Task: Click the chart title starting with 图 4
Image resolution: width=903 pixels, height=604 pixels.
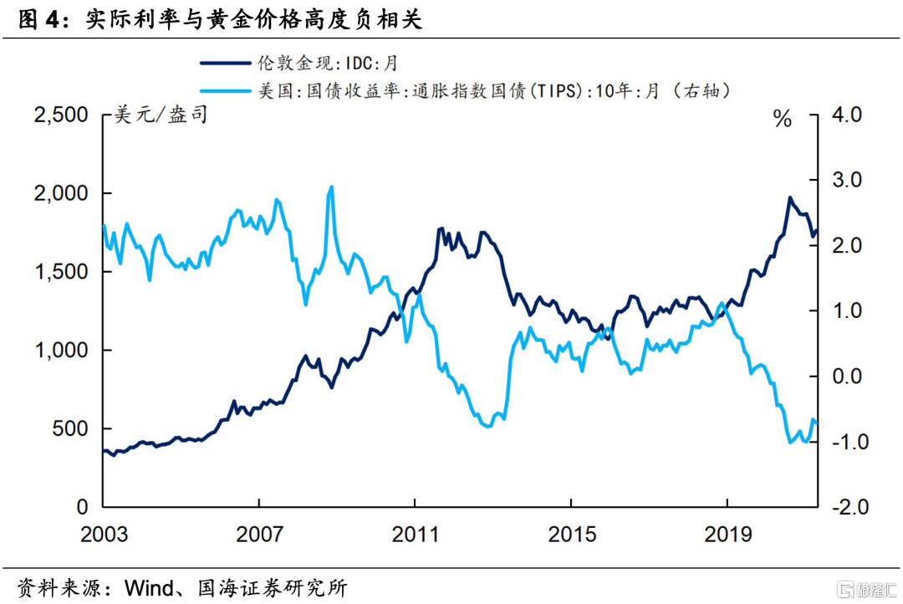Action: pyautogui.click(x=221, y=20)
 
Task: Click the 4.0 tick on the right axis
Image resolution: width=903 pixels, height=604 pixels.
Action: pyautogui.click(x=847, y=115)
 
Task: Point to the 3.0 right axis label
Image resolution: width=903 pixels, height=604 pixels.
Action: pyautogui.click(x=847, y=181)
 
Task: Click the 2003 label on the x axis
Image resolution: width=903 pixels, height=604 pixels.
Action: pyautogui.click(x=104, y=534)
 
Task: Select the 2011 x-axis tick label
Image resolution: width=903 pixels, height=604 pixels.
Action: pyautogui.click(x=415, y=534)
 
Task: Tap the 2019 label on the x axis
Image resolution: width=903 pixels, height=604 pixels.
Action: pyautogui.click(x=727, y=534)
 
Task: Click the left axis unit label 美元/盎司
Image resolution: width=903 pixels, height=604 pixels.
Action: pyautogui.click(x=161, y=116)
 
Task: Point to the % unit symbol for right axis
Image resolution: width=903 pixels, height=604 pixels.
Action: pyautogui.click(x=783, y=120)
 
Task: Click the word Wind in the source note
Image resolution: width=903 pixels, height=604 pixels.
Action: pyautogui.click(x=150, y=587)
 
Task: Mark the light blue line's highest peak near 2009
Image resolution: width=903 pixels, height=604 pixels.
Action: pyautogui.click(x=332, y=187)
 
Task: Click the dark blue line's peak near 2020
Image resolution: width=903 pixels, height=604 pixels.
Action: pyautogui.click(x=789, y=198)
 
